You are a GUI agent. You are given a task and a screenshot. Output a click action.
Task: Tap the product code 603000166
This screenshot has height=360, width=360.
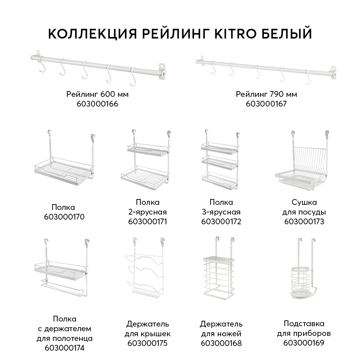[97, 104]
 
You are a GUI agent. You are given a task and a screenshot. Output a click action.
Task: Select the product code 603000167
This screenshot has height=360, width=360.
[266, 104]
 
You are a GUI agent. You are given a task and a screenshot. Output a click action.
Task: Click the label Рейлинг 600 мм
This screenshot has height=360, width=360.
[97, 94]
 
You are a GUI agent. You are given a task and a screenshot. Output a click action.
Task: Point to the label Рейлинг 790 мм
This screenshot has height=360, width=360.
[266, 94]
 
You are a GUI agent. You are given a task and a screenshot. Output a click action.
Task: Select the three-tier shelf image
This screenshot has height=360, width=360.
[220, 162]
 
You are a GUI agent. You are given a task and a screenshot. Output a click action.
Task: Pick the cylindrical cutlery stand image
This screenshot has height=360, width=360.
[303, 277]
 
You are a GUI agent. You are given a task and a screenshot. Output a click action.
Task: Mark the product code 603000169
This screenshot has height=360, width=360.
[303, 343]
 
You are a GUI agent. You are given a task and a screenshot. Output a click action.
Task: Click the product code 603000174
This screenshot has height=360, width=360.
[64, 348]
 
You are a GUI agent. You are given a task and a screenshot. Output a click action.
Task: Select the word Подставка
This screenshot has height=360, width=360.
[303, 324]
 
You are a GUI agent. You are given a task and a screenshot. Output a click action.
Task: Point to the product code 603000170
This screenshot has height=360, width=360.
[64, 217]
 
